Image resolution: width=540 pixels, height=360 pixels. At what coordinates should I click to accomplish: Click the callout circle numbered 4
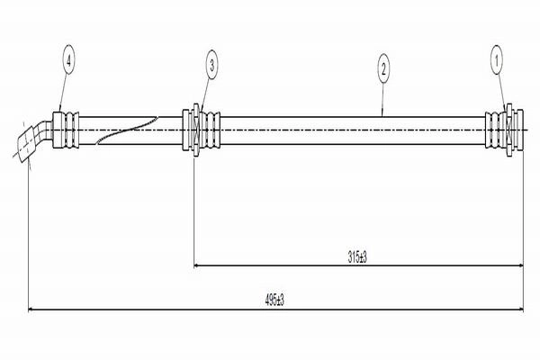69,61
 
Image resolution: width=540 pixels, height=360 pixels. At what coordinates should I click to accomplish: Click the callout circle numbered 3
211,65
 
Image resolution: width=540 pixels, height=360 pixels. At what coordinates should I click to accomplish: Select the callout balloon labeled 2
383,69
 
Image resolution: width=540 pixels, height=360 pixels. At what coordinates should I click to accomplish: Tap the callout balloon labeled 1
497,61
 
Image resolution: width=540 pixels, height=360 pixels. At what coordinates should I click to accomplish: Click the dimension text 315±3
357,257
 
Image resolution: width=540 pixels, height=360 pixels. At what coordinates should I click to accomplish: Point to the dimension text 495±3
274,301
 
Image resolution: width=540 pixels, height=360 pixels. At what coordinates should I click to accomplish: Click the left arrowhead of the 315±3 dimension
196,265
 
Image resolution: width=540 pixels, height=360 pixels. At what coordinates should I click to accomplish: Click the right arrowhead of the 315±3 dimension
520,265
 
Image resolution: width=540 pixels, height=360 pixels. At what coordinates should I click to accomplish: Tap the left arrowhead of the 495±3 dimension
31,310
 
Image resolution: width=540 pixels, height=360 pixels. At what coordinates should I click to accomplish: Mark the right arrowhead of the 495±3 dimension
520,310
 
